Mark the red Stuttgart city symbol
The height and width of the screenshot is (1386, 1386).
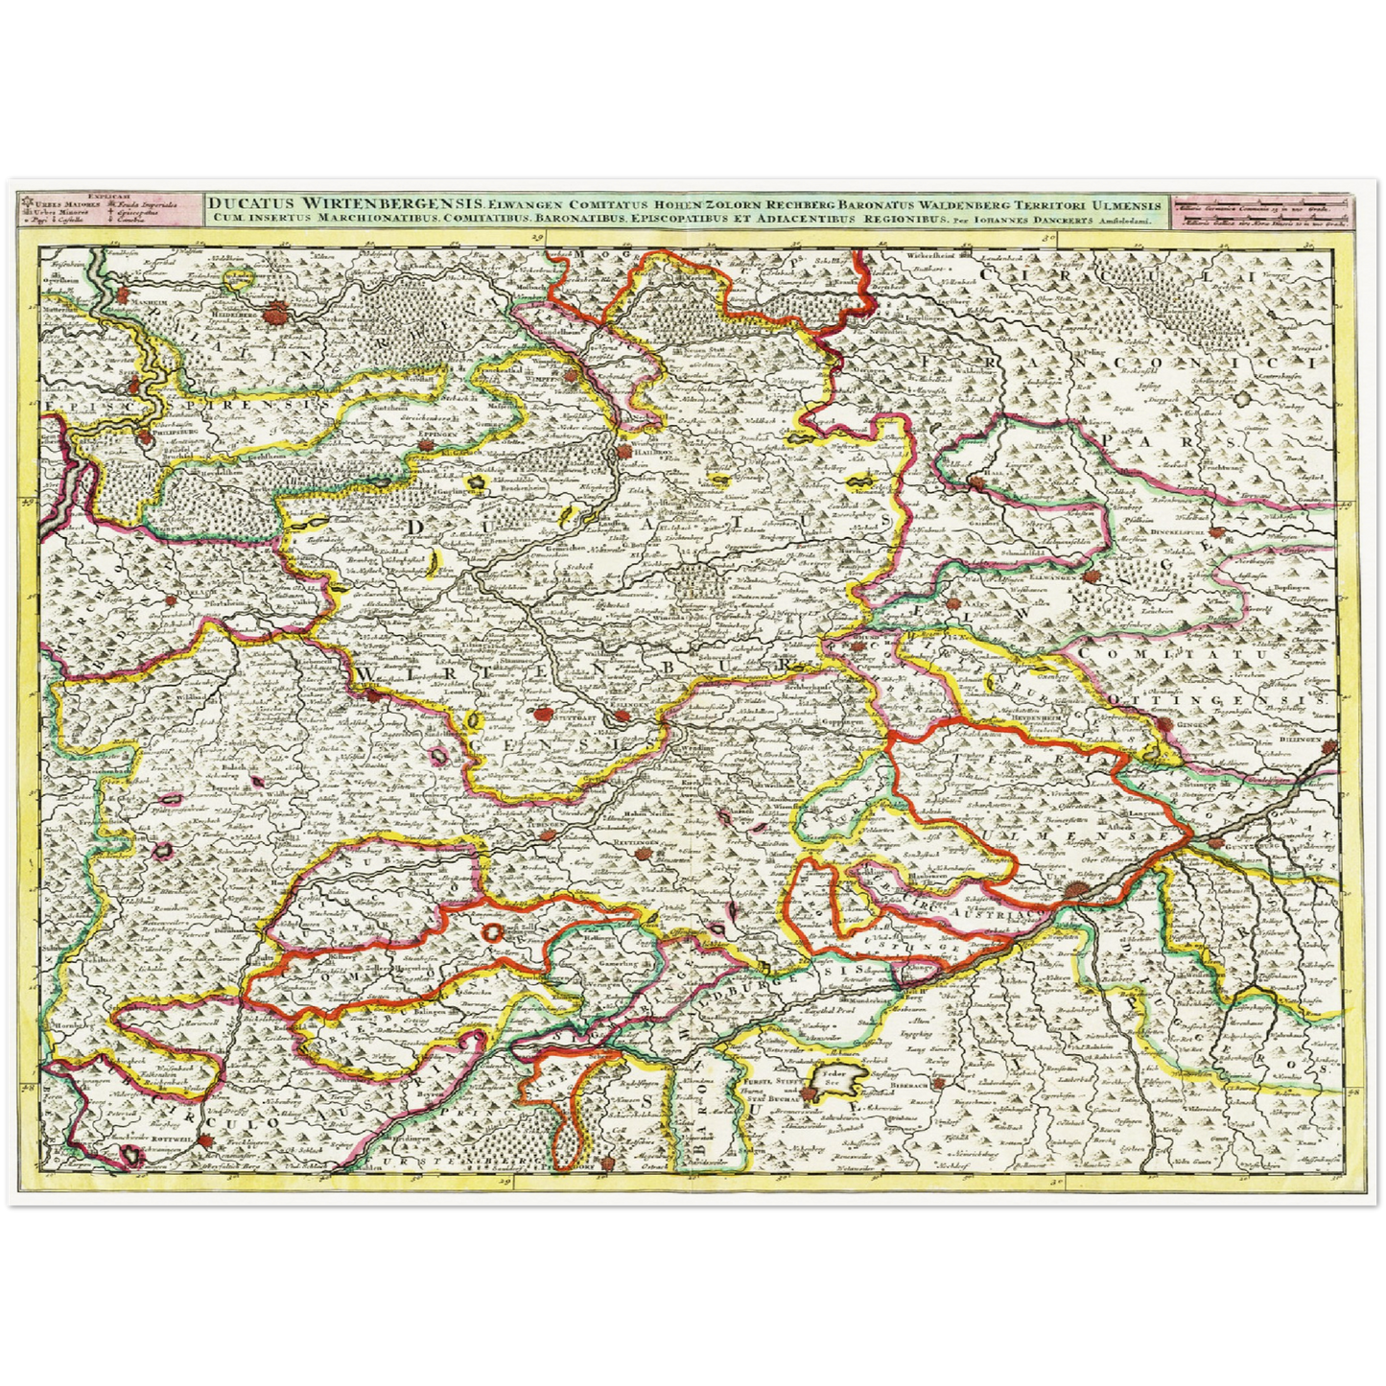pos(545,714)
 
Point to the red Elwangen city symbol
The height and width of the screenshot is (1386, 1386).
pos(1095,578)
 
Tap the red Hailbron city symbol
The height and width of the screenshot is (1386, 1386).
pos(625,451)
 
